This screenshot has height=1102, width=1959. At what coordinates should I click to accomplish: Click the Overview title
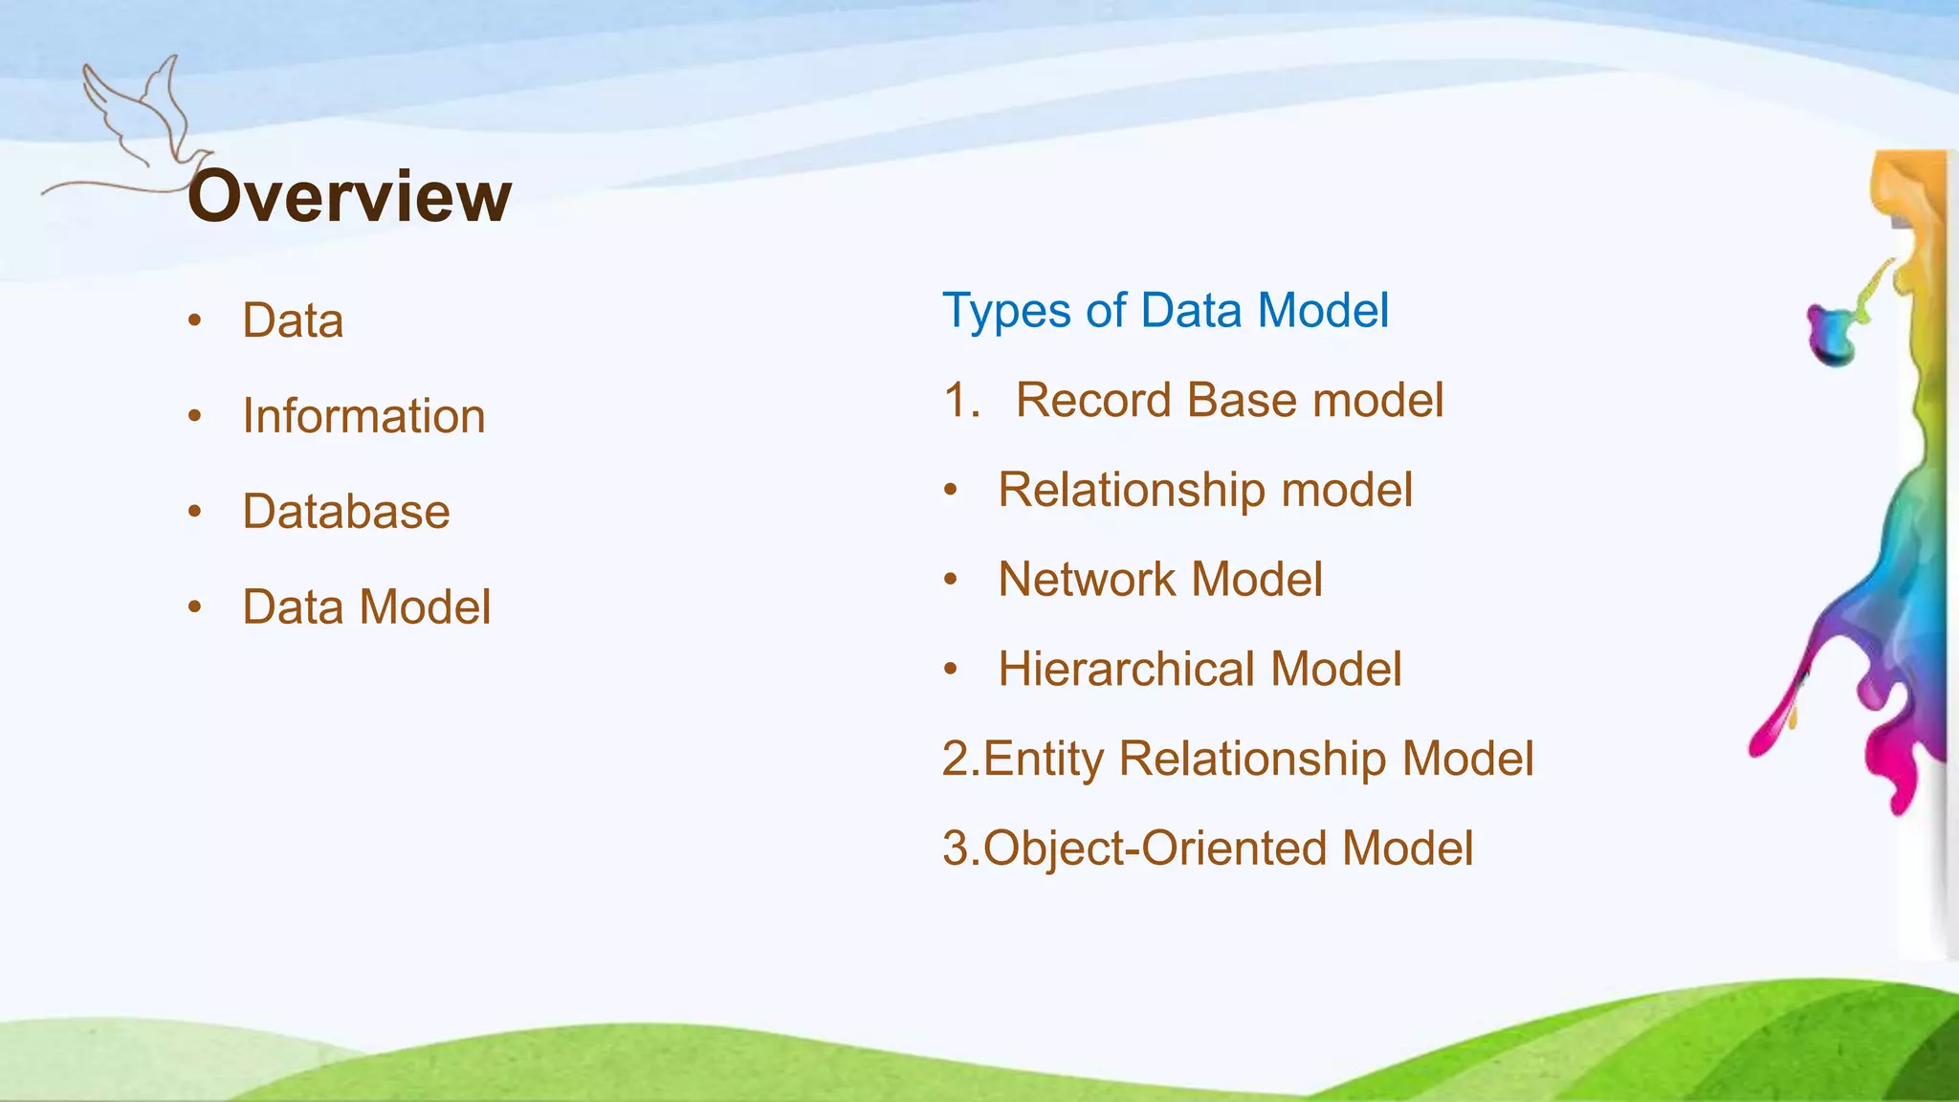tap(349, 196)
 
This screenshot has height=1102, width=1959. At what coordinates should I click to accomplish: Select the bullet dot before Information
tap(195, 416)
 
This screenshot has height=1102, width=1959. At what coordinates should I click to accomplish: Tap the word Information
tap(363, 416)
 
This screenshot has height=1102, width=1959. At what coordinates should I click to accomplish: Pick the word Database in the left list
tap(346, 512)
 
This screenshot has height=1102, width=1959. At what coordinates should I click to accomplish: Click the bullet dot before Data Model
tap(195, 606)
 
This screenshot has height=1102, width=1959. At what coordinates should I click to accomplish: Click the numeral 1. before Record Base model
tap(961, 400)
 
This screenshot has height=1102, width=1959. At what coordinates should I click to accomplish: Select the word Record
tap(1093, 400)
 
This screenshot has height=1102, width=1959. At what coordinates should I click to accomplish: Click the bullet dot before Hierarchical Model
tap(950, 669)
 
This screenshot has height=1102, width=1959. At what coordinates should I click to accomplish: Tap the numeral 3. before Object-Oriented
tap(960, 849)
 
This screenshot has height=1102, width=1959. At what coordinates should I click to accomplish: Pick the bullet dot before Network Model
tap(950, 580)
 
